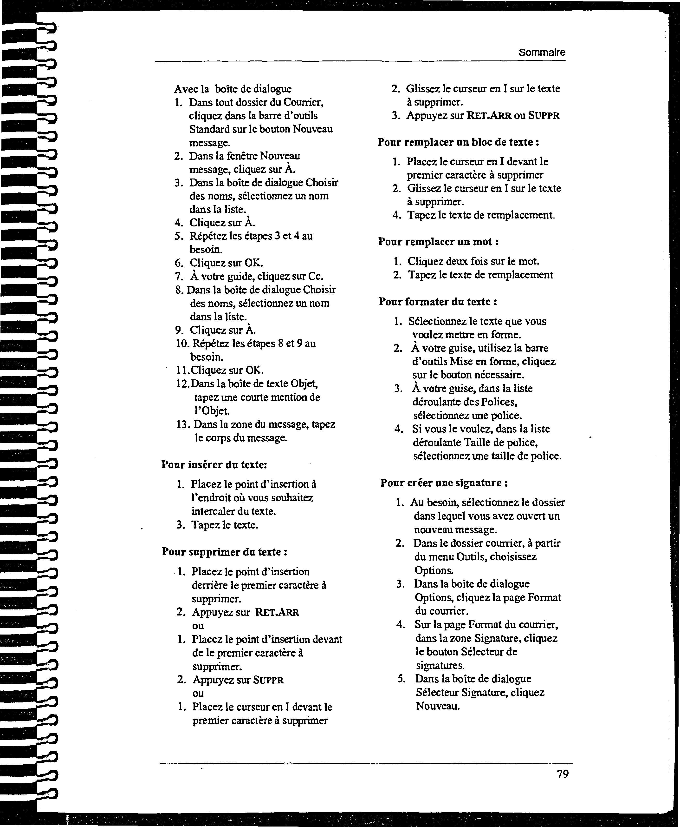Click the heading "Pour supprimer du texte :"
click(224, 552)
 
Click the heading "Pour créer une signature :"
click(444, 483)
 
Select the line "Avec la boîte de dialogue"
click(233, 89)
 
